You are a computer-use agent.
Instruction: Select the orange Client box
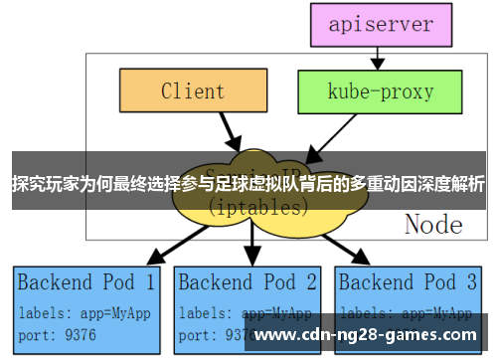(192, 91)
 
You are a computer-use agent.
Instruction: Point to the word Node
(433, 224)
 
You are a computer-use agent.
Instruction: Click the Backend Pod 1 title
(86, 281)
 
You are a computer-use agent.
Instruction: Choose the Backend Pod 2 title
(248, 281)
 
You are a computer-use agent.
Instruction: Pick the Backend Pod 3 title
(409, 281)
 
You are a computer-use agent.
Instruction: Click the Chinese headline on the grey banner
(248, 184)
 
